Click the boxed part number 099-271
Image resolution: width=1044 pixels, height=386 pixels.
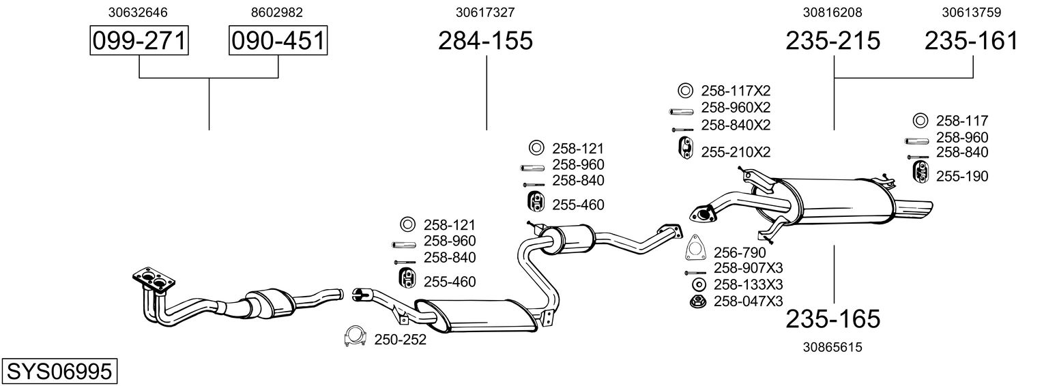click(139, 41)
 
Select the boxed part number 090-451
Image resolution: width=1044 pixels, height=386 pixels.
click(278, 41)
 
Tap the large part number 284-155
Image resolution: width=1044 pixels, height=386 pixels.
click(485, 41)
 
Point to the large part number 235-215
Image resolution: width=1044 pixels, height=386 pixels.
click(833, 41)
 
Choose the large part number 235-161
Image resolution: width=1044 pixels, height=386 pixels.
click(972, 41)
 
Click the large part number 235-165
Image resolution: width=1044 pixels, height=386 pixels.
click(833, 318)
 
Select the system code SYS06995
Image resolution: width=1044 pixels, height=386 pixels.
click(59, 371)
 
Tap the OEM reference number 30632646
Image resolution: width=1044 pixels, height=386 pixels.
click(139, 12)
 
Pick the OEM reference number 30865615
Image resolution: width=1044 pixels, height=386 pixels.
click(833, 347)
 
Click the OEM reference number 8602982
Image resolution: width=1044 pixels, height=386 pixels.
click(277, 12)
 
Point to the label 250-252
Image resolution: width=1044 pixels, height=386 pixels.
click(400, 339)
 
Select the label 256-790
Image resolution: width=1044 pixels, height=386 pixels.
click(740, 253)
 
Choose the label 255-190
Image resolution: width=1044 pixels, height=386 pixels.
click(962, 177)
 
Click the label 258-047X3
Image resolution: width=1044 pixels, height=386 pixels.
click(749, 301)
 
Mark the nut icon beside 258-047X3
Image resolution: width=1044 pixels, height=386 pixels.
click(698, 301)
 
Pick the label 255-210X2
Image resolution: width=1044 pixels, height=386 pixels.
click(736, 152)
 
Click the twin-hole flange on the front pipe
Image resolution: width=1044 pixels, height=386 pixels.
click(152, 279)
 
